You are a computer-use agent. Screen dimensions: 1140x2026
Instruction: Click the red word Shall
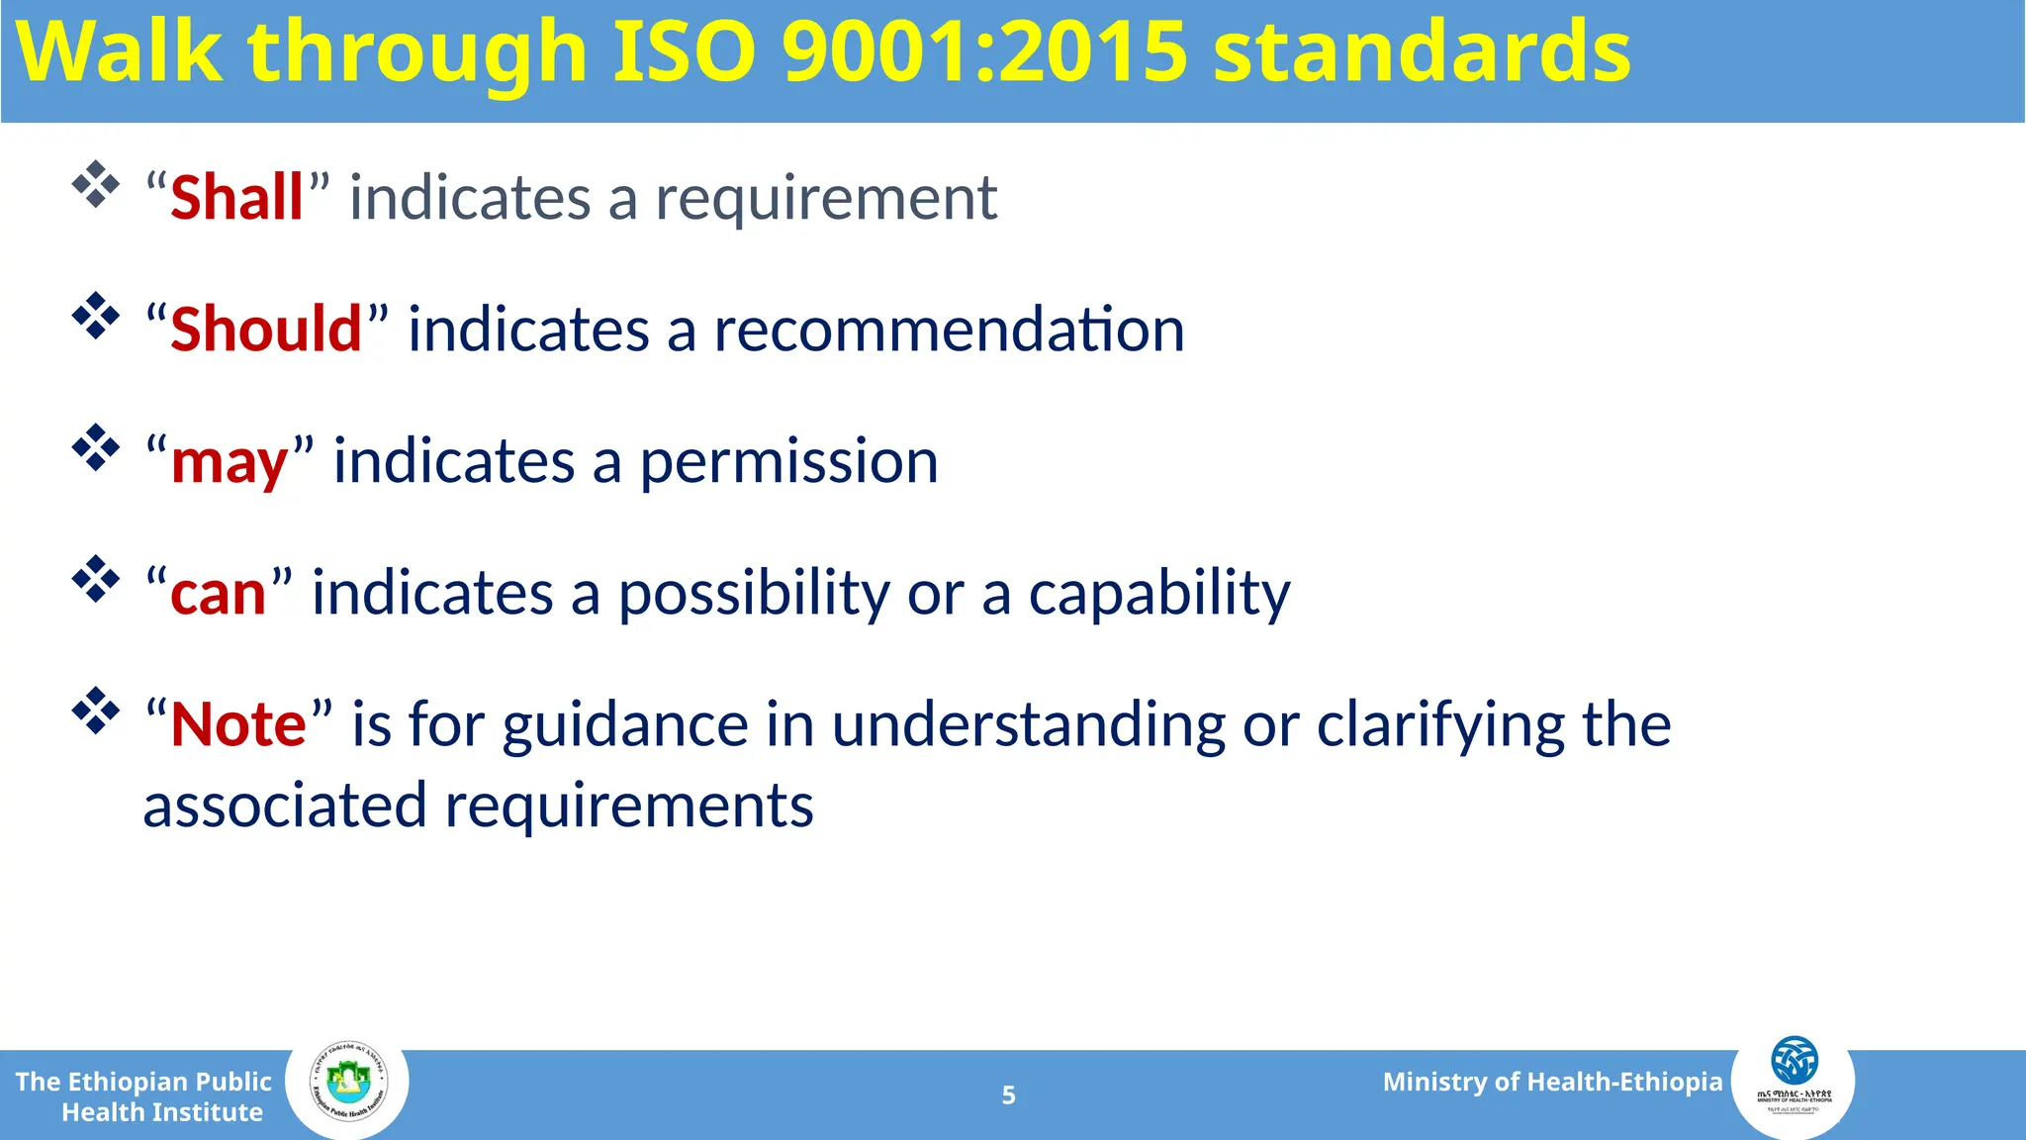point(236,198)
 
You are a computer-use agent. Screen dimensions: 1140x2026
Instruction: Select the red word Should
point(266,330)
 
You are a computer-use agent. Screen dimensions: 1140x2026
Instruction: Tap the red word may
point(230,463)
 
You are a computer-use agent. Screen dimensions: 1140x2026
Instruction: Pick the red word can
point(219,594)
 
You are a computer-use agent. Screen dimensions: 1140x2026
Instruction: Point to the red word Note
point(238,724)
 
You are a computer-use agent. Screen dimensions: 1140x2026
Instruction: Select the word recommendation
point(949,330)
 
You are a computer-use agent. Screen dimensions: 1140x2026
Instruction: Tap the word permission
point(788,463)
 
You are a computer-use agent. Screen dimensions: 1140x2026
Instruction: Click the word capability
point(1159,595)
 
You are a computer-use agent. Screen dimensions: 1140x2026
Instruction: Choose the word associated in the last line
point(284,806)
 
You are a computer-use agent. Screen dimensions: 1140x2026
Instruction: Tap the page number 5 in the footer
point(1008,1095)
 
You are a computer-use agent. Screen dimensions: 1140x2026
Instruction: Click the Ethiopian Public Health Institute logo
point(347,1086)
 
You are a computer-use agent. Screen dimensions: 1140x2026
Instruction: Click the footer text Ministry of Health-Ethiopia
point(1552,1082)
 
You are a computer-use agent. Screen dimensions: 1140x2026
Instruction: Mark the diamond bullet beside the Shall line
point(96,184)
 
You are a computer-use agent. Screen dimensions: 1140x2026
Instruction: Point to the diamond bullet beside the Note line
point(96,711)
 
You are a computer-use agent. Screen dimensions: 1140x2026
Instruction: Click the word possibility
point(755,595)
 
